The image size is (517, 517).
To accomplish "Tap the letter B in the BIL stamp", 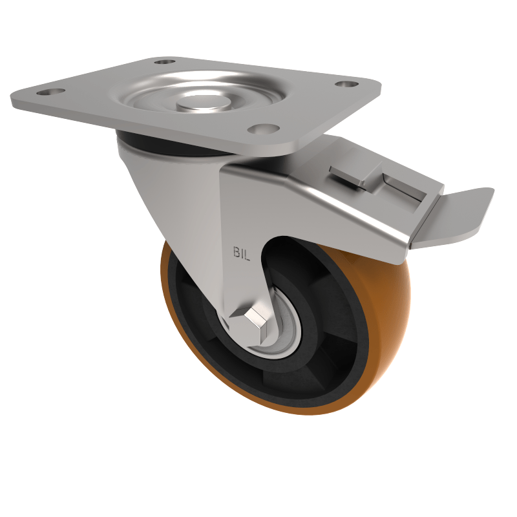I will pyautogui.click(x=236, y=252).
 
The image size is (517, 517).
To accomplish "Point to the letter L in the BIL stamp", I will pyautogui.click(x=248, y=252).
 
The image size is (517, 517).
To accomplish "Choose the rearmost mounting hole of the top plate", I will pyautogui.click(x=165, y=63).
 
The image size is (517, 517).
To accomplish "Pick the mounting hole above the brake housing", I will pyautogui.click(x=347, y=84).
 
